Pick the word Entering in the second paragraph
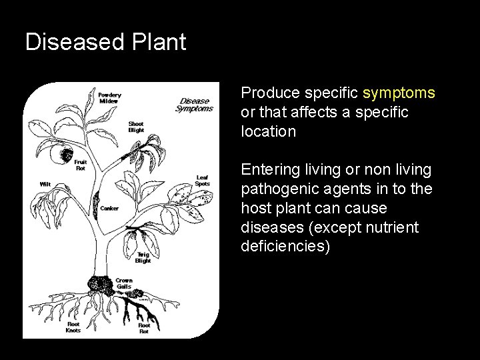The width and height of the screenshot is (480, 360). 271,170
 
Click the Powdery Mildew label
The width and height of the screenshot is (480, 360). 110,98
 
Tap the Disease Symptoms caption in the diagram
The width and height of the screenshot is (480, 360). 195,105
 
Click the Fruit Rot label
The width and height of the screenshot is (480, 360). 81,164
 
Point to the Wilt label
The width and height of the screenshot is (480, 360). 46,183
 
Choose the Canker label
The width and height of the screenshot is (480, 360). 109,209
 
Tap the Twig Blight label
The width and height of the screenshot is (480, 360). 143,257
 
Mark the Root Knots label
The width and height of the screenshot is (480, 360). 74,327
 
